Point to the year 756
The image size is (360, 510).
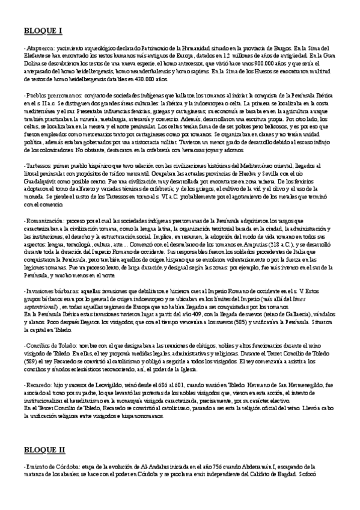pos(201,466)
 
